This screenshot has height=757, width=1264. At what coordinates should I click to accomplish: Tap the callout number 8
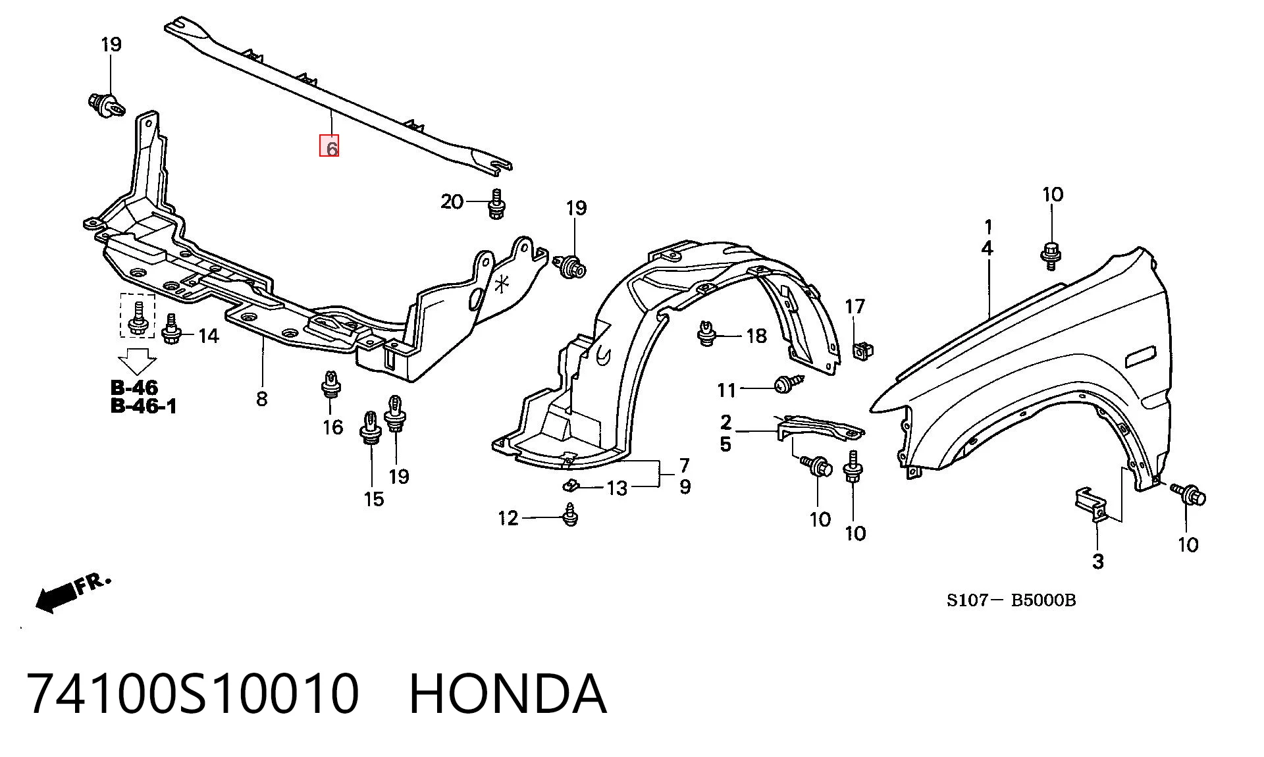coord(262,398)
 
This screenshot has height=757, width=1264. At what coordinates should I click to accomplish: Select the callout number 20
coord(452,201)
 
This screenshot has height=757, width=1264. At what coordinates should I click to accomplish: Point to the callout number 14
coord(208,336)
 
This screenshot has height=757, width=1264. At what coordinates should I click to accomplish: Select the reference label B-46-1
coord(144,405)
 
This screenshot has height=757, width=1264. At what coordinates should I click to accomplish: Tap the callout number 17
coord(855,307)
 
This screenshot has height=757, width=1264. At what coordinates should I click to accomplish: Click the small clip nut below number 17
coord(862,352)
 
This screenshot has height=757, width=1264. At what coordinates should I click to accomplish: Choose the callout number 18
coord(756,336)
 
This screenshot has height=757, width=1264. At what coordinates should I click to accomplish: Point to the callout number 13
coord(617,488)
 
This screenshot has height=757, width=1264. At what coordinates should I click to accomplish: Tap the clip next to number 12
coord(570,515)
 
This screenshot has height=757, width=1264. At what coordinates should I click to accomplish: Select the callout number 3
coord(1097,561)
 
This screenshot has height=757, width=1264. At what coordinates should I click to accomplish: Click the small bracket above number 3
coord(1090,504)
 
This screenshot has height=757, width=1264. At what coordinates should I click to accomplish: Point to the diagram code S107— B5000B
coord(1011,600)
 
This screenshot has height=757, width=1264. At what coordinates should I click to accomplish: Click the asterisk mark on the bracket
coord(502,284)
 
